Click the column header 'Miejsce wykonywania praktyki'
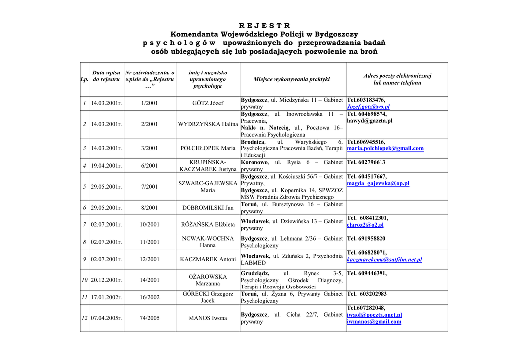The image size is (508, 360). [292, 79]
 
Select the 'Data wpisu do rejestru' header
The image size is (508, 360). [106, 76]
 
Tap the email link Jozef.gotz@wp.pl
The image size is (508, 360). [368, 107]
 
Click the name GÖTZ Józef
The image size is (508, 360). [207, 103]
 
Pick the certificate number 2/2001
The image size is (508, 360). [149, 124]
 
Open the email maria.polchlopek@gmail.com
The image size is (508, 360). [385, 148]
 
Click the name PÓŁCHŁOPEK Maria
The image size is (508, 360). [207, 148]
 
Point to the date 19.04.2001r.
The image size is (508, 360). [106, 166]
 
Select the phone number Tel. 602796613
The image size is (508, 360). [366, 162]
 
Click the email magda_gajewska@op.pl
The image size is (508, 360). [378, 184]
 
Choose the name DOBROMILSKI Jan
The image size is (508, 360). [207, 208]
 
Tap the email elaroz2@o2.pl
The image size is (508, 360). [365, 225]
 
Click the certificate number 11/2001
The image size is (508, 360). [149, 242]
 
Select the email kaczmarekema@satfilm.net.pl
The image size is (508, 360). [384, 260]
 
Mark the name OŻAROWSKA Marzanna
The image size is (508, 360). [207, 280]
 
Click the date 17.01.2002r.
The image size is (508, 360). [106, 297]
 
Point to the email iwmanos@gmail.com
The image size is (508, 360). [374, 322]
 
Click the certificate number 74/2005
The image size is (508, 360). [149, 318]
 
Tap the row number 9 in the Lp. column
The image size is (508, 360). [85, 259]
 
